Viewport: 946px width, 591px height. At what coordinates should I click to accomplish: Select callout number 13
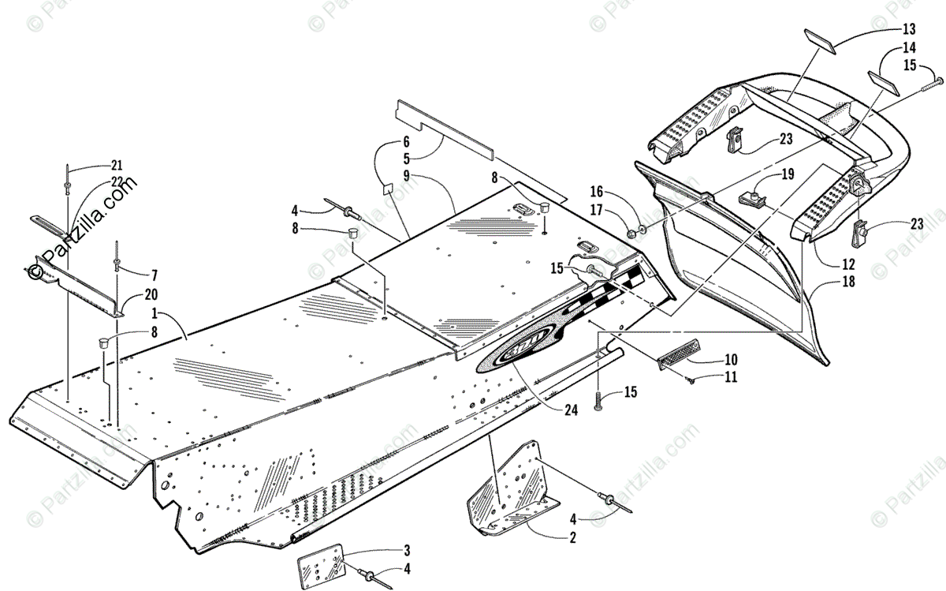click(x=909, y=30)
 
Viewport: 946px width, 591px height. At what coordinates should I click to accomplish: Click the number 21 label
click(x=117, y=165)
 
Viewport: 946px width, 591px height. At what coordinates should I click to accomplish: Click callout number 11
click(x=731, y=377)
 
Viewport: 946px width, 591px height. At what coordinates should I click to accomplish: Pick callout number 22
click(x=117, y=181)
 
